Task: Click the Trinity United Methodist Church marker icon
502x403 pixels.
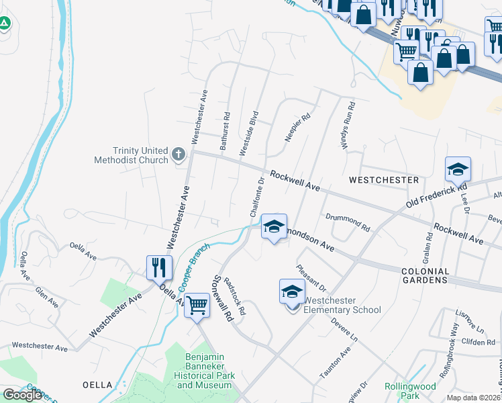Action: point(179,155)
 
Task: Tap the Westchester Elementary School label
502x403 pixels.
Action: point(342,305)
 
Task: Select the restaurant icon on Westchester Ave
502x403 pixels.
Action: point(159,267)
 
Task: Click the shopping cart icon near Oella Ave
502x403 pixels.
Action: point(197,305)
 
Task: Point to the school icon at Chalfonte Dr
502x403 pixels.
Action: point(274,226)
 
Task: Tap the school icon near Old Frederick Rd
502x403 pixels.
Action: point(458,169)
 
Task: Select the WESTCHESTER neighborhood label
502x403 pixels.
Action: point(383,180)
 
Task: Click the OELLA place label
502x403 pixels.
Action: point(97,386)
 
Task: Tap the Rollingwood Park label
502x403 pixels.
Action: point(411,391)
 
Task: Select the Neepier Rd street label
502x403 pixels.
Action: point(297,127)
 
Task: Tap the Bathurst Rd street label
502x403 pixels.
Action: point(225,130)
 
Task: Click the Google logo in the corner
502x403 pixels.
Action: point(23,395)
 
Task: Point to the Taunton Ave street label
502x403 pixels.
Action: point(336,363)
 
